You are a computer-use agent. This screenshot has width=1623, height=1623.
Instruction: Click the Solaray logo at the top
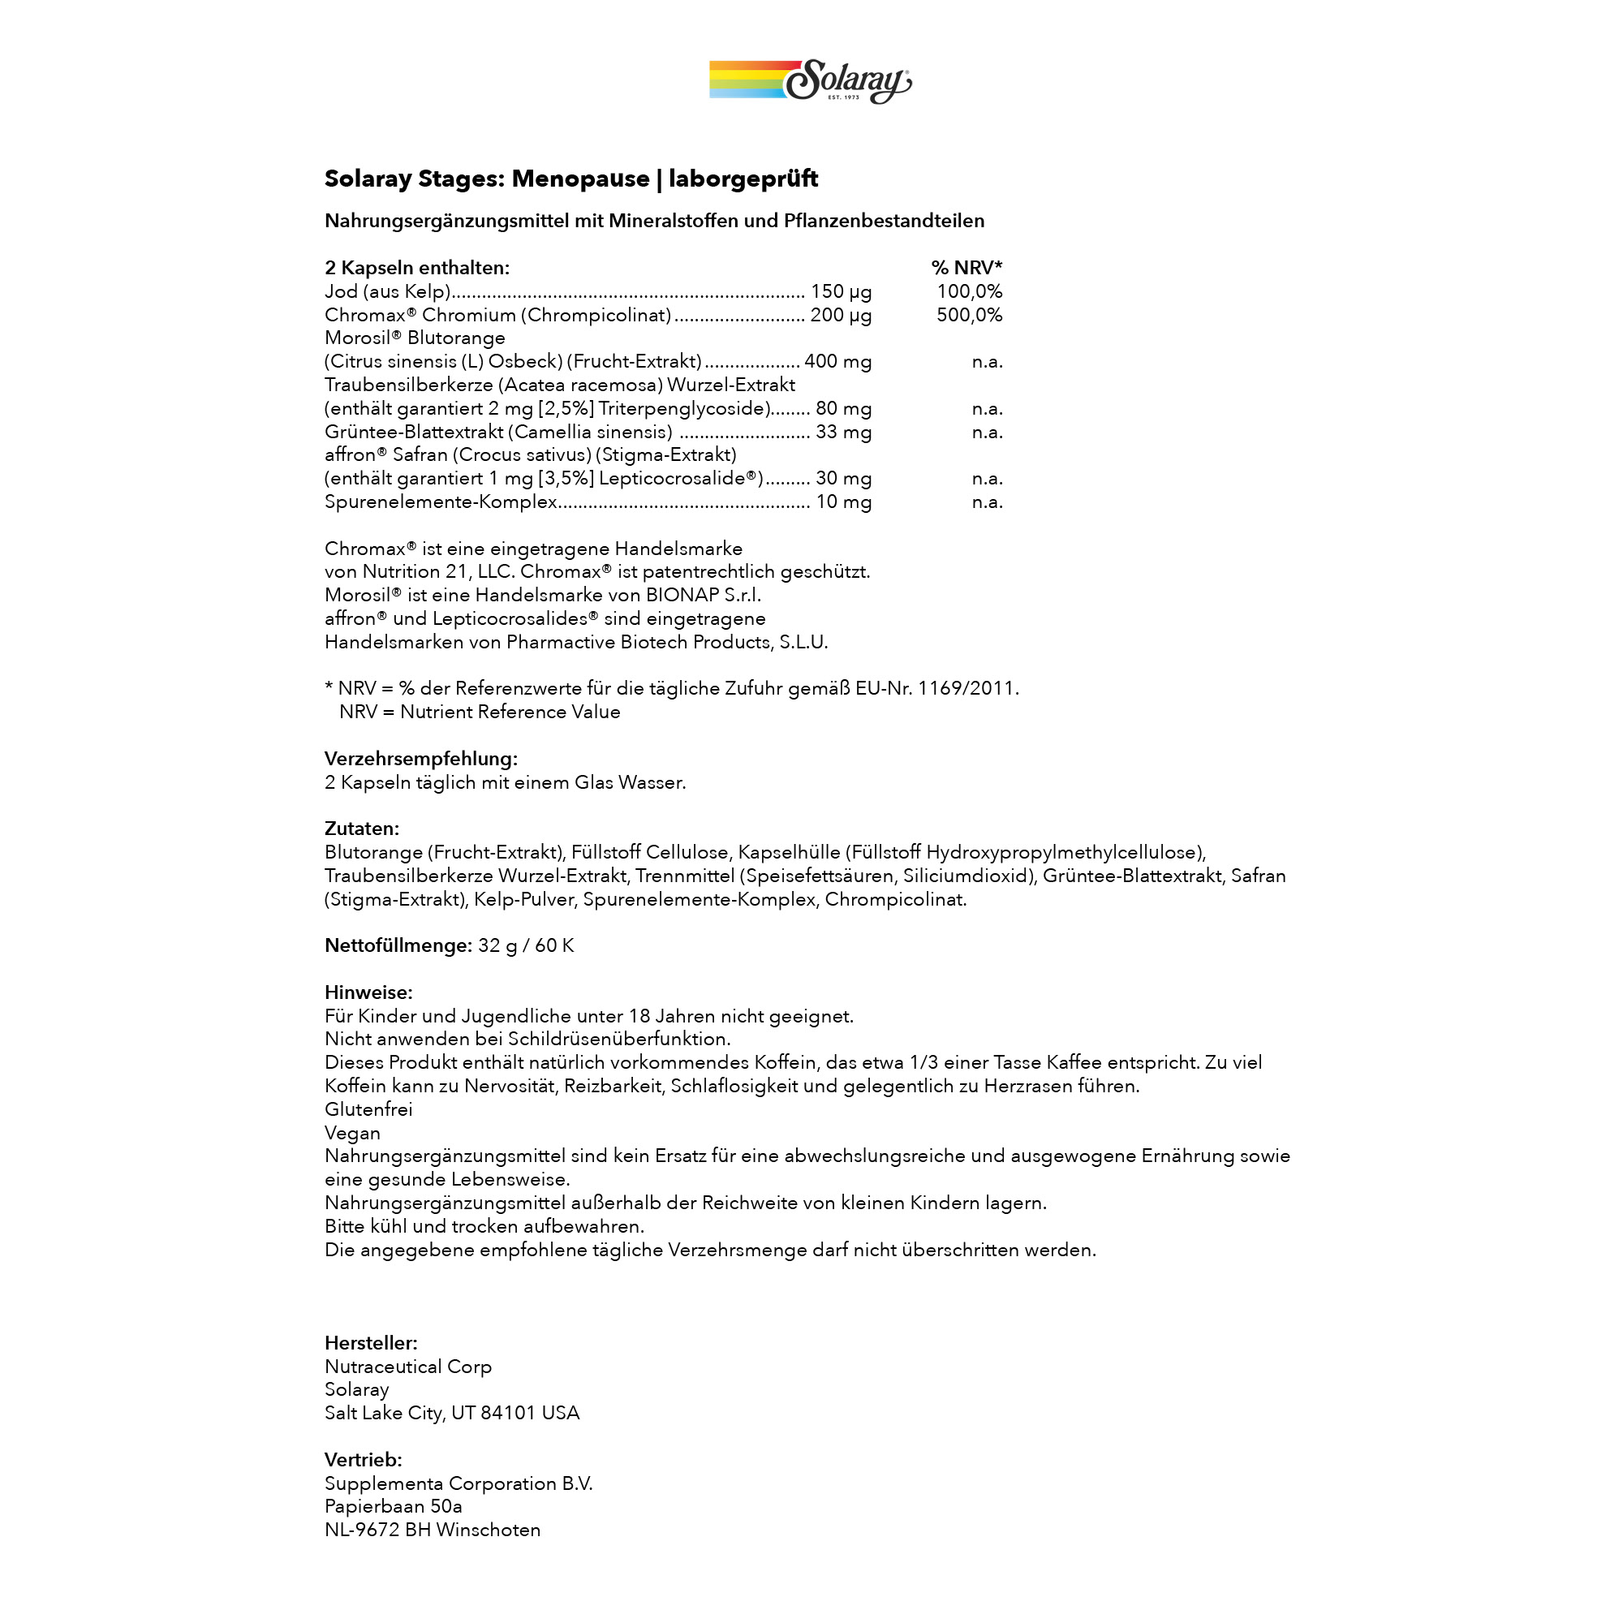click(811, 81)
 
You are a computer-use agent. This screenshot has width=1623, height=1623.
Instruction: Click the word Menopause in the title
click(580, 179)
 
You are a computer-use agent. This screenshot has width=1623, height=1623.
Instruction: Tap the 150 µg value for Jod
click(841, 291)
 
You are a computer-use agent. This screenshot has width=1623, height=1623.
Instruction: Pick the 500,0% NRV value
click(970, 315)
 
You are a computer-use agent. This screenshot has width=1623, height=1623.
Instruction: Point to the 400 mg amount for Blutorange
click(837, 362)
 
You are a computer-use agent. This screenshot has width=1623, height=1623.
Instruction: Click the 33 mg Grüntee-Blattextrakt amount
click(843, 433)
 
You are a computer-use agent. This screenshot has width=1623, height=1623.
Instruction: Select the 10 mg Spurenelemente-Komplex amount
click(843, 502)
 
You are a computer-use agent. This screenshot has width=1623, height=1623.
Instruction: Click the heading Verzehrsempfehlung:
click(421, 759)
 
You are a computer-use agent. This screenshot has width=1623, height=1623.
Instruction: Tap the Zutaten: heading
click(362, 829)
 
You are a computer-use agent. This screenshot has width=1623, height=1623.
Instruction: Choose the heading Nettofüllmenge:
click(398, 946)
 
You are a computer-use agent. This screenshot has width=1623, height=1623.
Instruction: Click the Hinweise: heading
click(368, 993)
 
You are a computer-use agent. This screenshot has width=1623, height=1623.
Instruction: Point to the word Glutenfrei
click(368, 1109)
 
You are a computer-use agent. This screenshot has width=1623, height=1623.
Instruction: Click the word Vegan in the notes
click(353, 1133)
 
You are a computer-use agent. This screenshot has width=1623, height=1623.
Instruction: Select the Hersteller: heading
click(372, 1343)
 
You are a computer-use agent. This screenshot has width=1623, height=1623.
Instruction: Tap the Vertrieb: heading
click(364, 1460)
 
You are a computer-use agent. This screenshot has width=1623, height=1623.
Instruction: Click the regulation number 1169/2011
click(967, 689)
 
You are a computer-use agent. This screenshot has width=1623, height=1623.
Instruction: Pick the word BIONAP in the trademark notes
click(682, 596)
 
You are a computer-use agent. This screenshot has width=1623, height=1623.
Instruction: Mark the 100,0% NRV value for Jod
click(970, 291)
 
